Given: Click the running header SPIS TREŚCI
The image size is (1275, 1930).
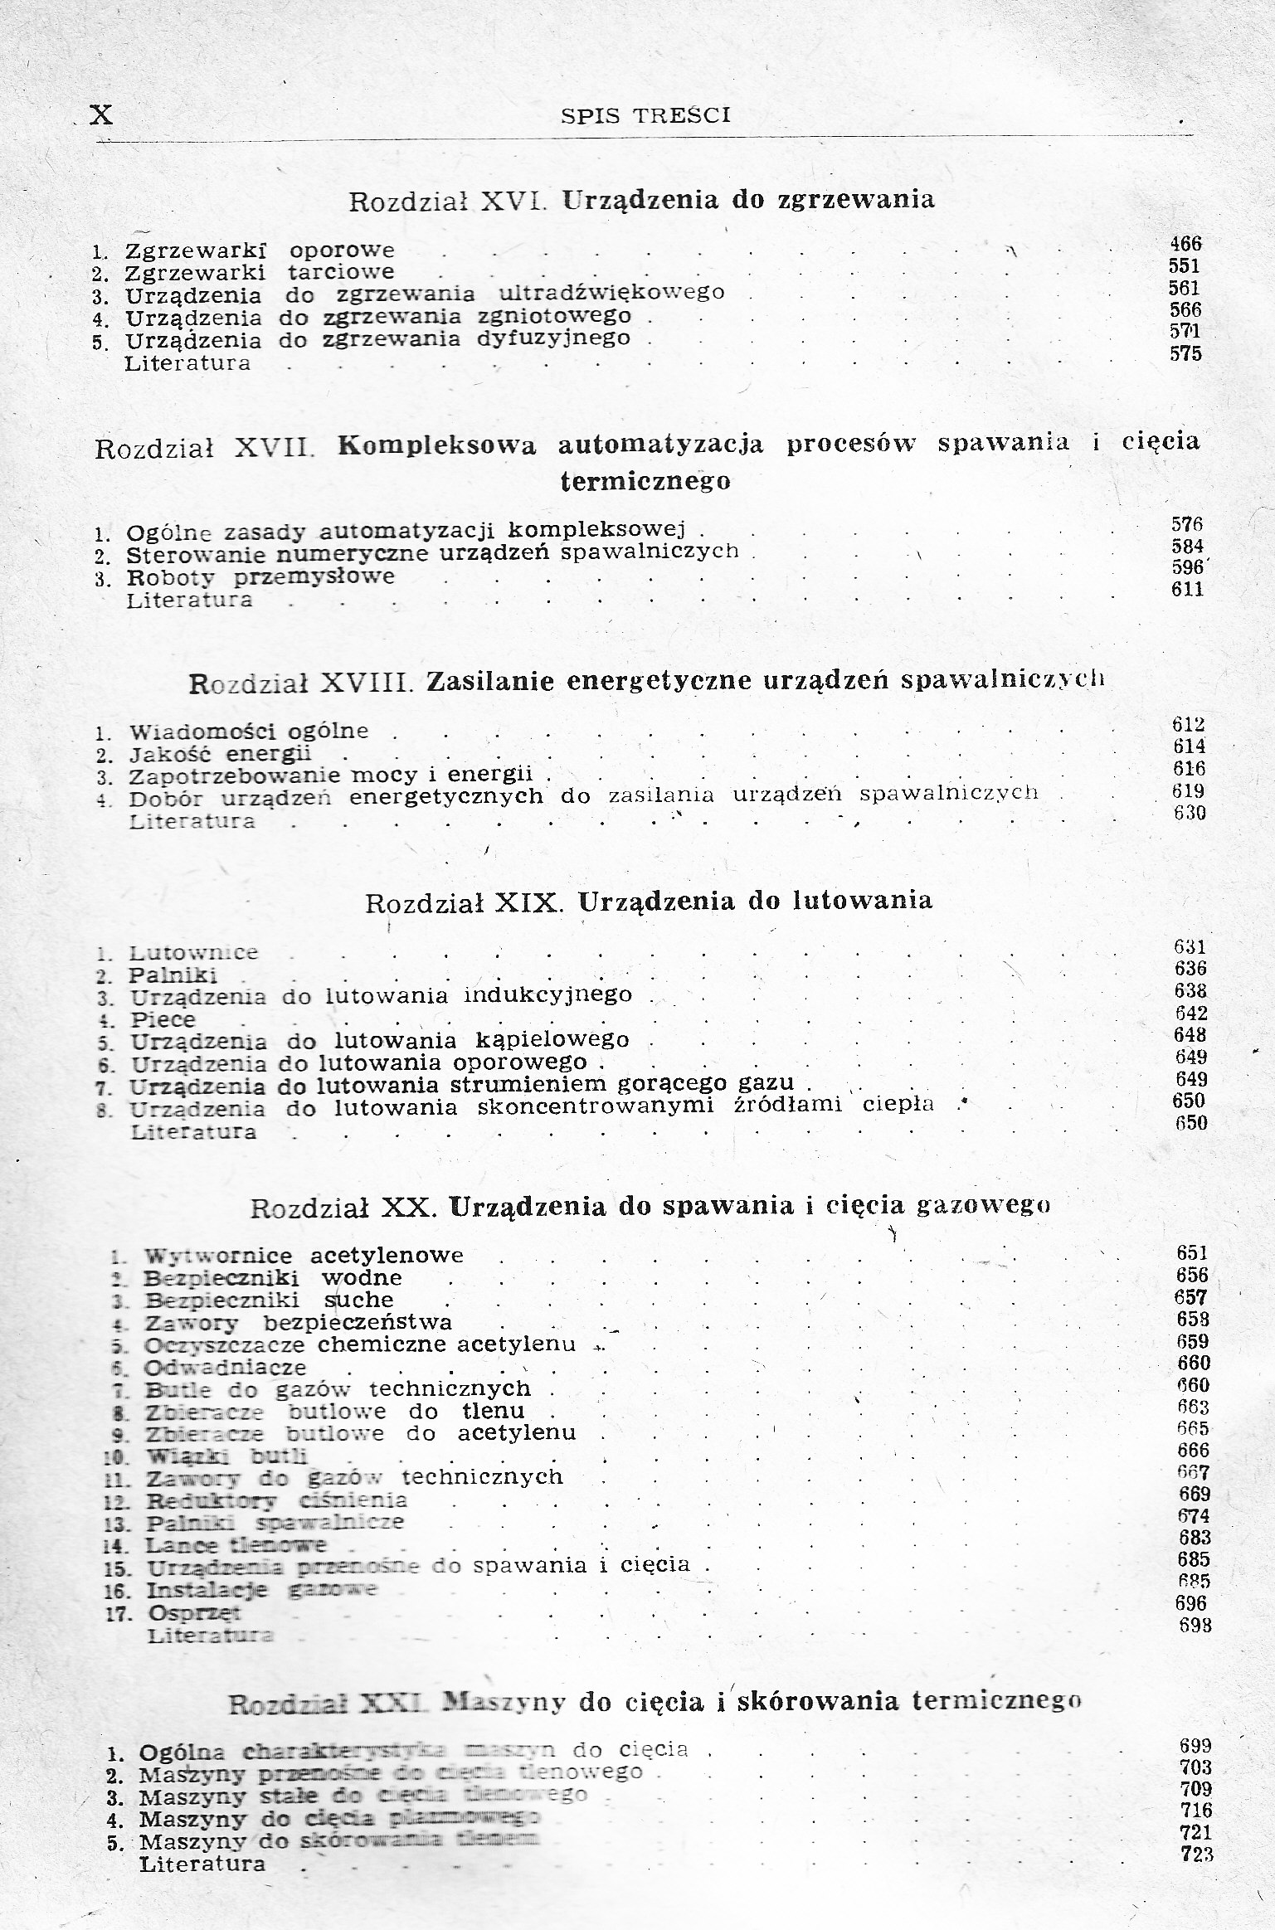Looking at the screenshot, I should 645,116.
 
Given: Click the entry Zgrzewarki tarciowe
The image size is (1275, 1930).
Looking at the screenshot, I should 260,273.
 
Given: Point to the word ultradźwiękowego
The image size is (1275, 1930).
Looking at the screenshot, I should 612,293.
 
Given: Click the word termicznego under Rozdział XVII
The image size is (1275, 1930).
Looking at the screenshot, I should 645,482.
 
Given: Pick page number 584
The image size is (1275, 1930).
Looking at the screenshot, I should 1186,547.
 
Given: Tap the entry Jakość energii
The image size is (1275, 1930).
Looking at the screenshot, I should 220,755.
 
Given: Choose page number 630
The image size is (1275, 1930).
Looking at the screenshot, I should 1190,813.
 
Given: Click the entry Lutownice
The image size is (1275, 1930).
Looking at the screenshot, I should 194,953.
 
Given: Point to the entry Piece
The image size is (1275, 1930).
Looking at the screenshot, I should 163,1019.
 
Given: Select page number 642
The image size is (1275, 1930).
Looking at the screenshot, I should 1190,1013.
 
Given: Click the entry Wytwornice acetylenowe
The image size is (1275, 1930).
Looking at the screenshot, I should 304,1256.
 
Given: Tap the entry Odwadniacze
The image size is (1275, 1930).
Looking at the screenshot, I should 226,1368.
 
